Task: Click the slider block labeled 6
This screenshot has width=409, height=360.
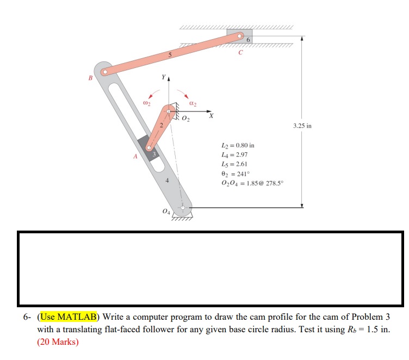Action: click(239, 38)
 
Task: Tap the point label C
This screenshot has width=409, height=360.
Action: click(240, 53)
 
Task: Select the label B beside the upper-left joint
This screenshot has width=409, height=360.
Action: click(91, 78)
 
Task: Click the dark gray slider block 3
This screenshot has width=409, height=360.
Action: click(148, 147)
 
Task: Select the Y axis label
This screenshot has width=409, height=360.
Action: click(162, 78)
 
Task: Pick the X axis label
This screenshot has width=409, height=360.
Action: click(212, 116)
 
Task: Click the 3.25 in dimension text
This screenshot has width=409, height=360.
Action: click(302, 126)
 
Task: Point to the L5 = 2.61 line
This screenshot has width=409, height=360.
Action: click(231, 163)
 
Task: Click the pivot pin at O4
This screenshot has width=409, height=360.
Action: click(183, 208)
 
